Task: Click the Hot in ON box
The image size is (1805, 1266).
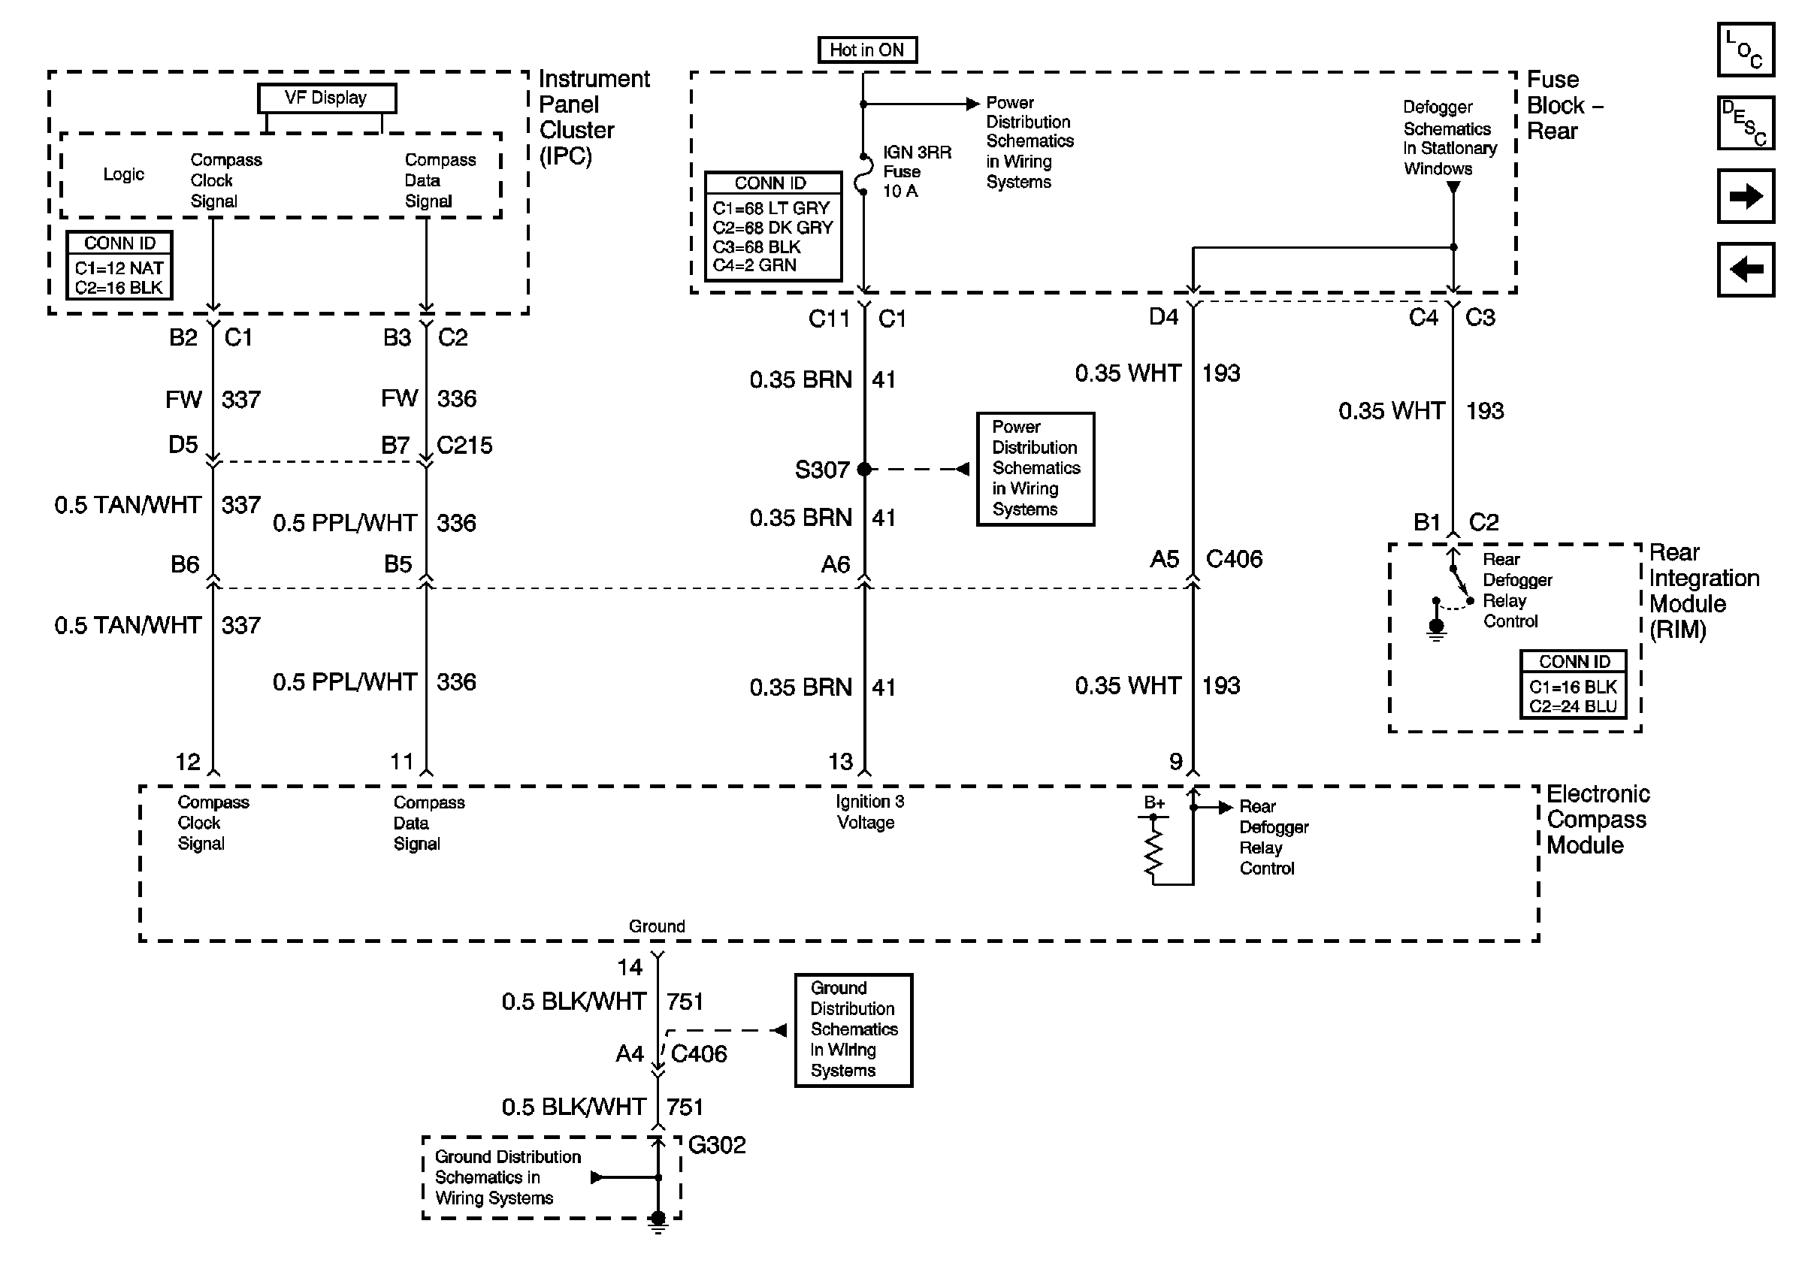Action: (867, 50)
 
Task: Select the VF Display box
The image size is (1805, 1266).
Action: (326, 98)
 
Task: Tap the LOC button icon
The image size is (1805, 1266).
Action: (1745, 50)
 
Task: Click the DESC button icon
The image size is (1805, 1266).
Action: (1745, 122)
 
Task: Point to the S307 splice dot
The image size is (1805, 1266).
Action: (864, 469)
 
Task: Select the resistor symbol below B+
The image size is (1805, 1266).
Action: (1153, 854)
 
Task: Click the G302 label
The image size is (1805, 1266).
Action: (716, 1145)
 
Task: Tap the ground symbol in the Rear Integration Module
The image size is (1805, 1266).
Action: (1436, 628)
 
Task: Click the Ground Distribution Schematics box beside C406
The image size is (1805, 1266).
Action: (853, 1030)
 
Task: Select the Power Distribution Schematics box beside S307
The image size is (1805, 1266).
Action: (1036, 468)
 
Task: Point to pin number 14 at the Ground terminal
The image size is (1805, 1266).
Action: (630, 966)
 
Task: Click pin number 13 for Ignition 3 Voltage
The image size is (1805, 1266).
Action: (840, 762)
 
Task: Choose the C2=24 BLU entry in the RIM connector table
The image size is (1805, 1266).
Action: (1572, 706)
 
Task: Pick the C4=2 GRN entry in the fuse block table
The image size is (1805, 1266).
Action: (754, 266)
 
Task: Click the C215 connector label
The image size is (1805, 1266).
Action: (464, 446)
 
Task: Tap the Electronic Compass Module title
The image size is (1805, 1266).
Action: (1598, 820)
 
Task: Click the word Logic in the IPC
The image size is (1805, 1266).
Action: (123, 174)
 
